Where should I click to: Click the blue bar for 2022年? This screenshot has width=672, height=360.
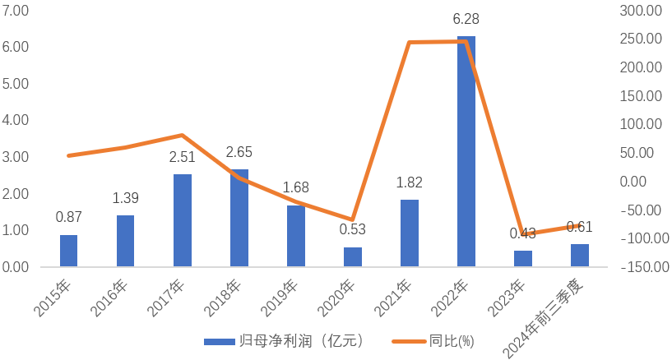(x=466, y=152)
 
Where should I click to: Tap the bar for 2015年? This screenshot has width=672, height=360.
(x=68, y=251)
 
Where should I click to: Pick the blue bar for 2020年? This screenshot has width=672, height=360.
(x=353, y=257)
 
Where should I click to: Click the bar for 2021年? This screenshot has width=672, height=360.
(x=410, y=233)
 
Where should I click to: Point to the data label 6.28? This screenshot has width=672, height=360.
(x=466, y=18)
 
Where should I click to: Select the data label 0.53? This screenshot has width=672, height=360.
(x=353, y=229)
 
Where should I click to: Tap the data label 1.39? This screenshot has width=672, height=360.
(x=126, y=198)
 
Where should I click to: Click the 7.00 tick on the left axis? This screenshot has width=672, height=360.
(x=16, y=11)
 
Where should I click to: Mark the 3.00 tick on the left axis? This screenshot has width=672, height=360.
(x=16, y=157)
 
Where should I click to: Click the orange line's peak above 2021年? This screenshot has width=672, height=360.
(x=410, y=42)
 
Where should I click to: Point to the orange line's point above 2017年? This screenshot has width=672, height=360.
(x=183, y=135)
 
